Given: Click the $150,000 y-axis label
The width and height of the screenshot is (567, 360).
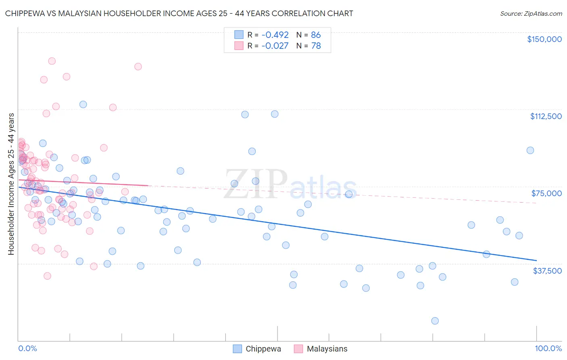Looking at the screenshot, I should pos(544,39).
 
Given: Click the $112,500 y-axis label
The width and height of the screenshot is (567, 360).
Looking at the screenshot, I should pos(546,116).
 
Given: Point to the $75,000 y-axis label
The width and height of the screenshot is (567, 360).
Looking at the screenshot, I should pos(546,193).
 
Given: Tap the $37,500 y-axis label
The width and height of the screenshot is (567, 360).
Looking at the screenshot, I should pos(547,271).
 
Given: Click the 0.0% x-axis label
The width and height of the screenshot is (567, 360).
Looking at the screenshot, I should pos(27,349).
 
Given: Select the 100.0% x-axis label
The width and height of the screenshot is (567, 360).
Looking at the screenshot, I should pos(548,349).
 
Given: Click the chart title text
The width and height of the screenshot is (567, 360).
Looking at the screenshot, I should pos(179,14).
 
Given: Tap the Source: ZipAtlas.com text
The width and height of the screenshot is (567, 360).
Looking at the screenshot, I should pos(531,14).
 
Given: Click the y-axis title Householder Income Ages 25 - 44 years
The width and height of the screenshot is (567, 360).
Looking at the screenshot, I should pos(11,184).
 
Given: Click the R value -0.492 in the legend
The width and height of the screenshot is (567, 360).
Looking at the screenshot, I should pos(275,35).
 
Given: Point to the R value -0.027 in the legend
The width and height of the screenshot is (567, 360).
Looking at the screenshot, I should pos(275,46).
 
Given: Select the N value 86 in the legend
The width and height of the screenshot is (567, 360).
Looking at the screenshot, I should pos(316,35).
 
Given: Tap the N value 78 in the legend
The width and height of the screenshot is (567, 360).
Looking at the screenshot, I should pos(316,46).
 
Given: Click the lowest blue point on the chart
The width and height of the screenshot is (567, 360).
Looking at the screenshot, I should pos(435,321).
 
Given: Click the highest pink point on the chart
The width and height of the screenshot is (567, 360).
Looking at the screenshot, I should pos(52,61).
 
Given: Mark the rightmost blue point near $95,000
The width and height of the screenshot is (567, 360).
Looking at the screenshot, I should pos(530,150).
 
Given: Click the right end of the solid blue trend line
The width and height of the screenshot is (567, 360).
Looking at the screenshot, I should pos(536,260).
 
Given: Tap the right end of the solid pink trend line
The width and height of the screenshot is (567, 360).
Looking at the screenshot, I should pos(148,185).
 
